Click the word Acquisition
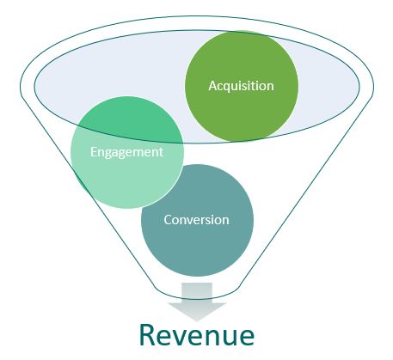click(241, 86)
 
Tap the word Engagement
click(126, 152)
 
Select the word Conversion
click(197, 220)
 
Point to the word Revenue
click(197, 335)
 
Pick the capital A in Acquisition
click(212, 86)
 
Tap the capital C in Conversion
click(168, 220)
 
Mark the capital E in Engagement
click(94, 151)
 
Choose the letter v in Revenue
click(183, 338)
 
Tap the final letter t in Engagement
click(161, 152)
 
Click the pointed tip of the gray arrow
click(197, 320)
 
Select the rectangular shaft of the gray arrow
click(197, 293)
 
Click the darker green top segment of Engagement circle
click(127, 118)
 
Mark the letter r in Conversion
click(202, 221)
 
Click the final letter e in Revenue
click(247, 338)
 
